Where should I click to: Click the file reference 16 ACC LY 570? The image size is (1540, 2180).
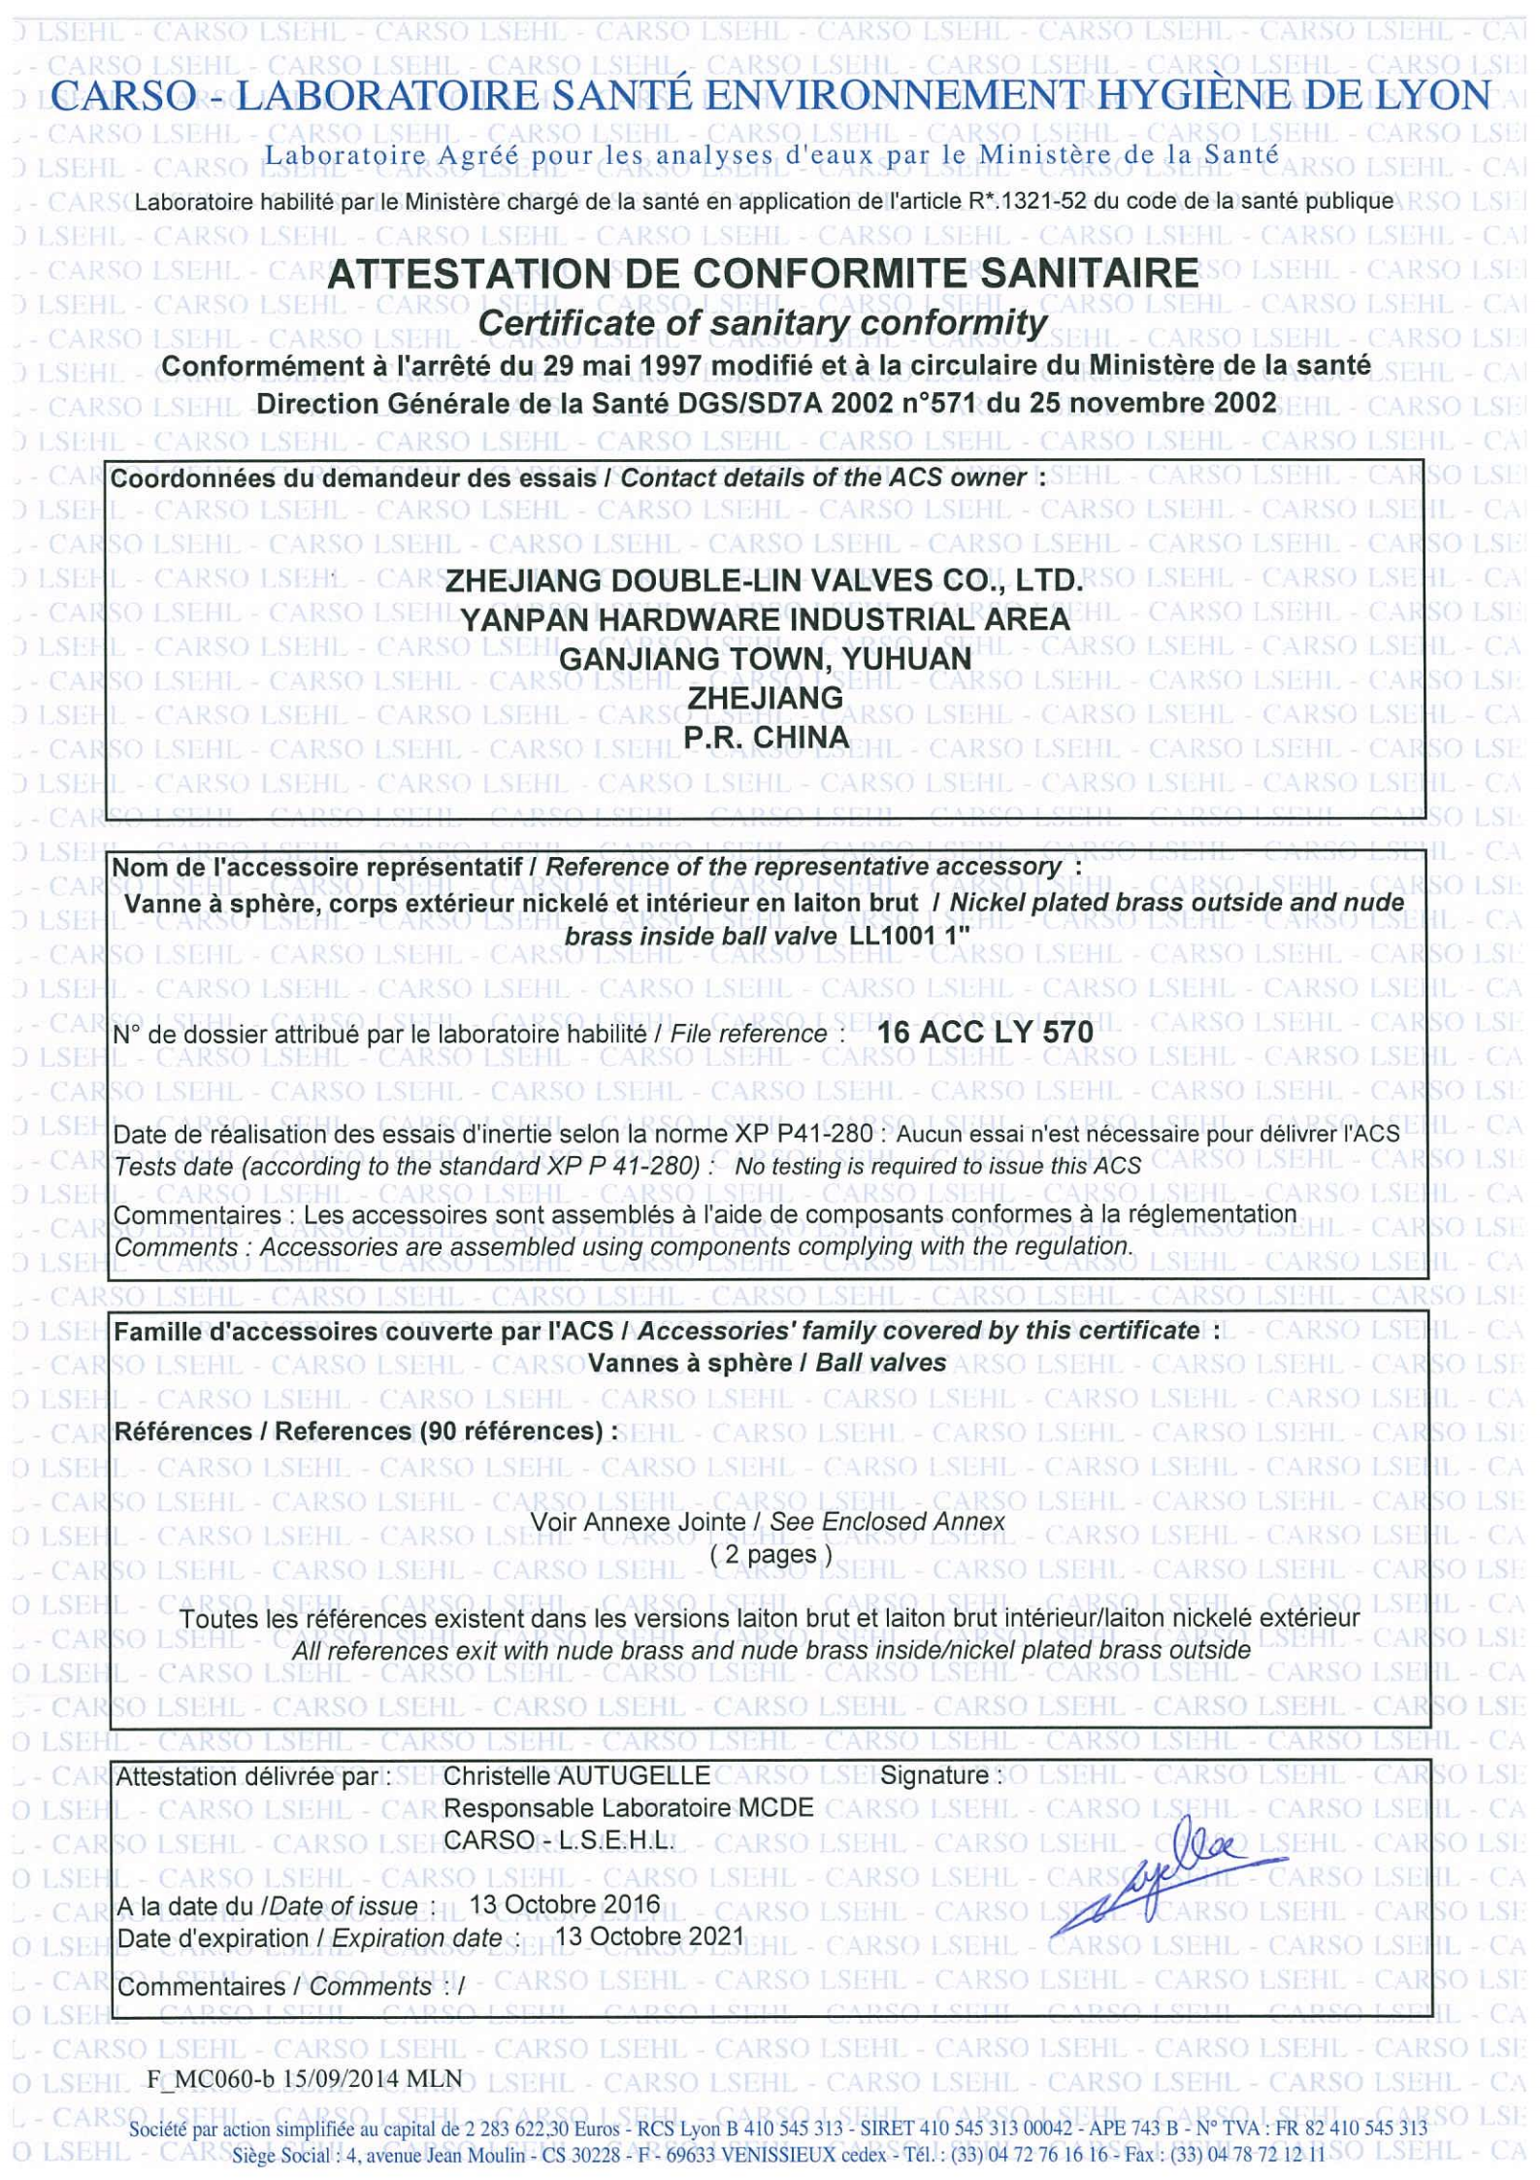point(984,1032)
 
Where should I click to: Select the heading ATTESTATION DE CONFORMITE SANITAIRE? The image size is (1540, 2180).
point(763,274)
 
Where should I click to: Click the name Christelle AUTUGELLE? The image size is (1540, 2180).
point(576,1775)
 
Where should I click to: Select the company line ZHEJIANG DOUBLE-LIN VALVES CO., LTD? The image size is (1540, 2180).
point(763,580)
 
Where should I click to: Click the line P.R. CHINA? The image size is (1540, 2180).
point(766,738)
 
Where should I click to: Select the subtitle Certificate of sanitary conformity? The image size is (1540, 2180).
point(763,322)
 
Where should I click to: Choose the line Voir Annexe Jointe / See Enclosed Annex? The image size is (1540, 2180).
point(767,1521)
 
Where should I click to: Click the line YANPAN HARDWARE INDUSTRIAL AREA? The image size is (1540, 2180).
point(765,619)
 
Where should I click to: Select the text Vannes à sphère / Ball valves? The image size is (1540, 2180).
point(767,1363)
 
